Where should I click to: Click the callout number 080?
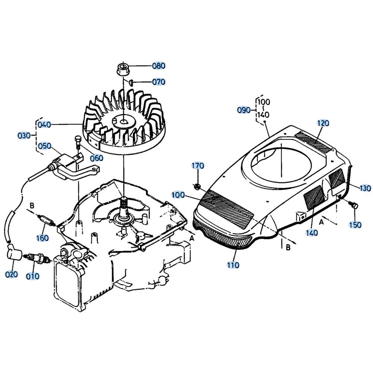point(159,66)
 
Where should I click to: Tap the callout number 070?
point(159,82)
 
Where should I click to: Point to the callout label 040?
point(44,125)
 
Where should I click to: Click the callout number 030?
point(24,136)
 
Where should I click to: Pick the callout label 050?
point(45,146)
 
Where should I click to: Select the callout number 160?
point(43,238)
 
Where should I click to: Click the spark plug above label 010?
point(36,258)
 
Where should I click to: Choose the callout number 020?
point(12,274)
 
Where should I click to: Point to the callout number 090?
point(244,110)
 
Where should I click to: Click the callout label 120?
point(323,123)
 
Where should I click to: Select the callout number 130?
point(365,188)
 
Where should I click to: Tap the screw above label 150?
point(353,204)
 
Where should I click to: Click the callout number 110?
point(233,265)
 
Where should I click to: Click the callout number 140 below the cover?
point(311,232)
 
